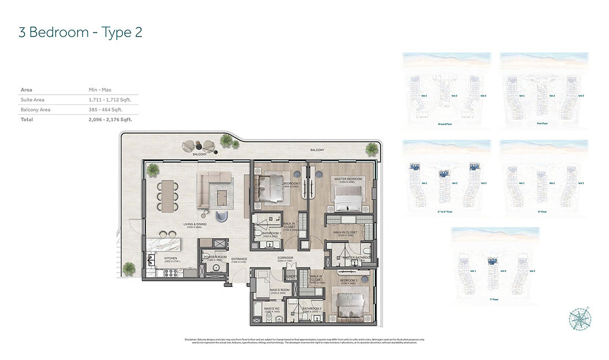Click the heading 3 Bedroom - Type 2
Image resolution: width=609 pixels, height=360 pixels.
pos(80,32)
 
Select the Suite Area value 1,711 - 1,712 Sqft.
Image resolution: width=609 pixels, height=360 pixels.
pos(112,100)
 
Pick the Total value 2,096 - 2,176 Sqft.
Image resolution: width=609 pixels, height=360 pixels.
pos(111,119)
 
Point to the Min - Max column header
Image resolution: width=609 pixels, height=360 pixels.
pos(100,90)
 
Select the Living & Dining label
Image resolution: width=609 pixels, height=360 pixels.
pos(195,225)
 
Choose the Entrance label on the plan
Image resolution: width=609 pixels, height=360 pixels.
pos(239,259)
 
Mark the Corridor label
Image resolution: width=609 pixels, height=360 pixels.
pos(285,258)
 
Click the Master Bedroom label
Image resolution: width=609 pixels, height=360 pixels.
pos(348,179)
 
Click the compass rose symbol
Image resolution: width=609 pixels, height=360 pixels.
pos(580,318)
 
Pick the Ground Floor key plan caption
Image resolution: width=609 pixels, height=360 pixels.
pos(445,124)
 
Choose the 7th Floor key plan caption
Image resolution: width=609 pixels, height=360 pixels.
pos(494,299)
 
